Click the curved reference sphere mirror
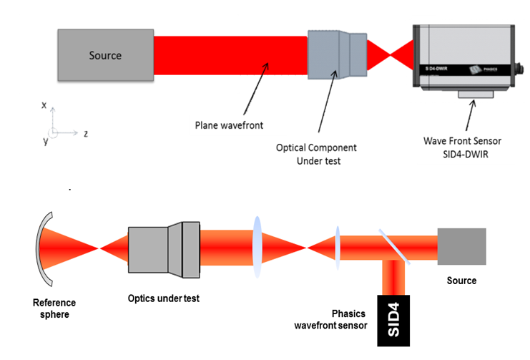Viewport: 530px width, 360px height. [44, 248]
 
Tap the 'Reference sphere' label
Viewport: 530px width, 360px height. [54, 308]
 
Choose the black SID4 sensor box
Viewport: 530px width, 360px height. [394, 319]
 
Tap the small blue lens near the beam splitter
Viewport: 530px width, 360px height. [337, 248]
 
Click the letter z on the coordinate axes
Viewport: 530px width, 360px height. [85, 133]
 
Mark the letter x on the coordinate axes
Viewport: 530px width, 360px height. [44, 105]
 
